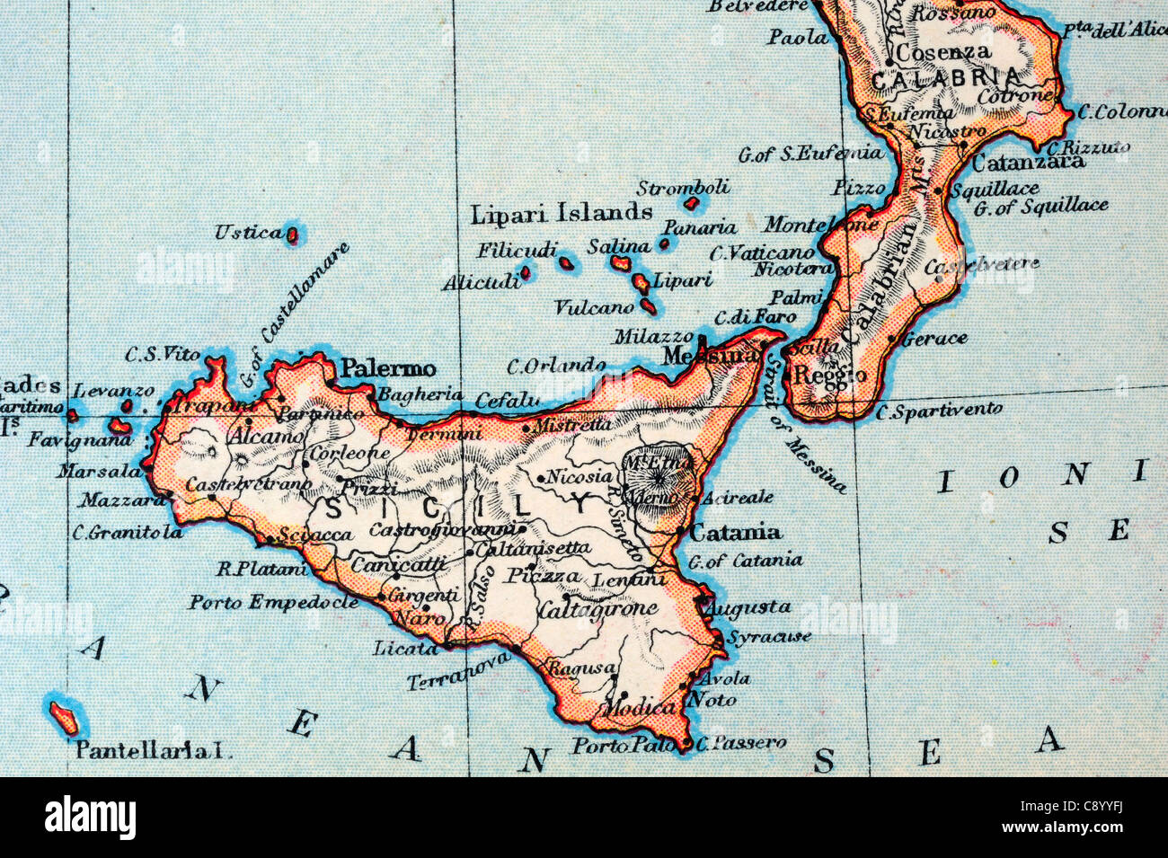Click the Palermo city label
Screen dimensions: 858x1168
pos(389,368)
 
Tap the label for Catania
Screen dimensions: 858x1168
pos(735,532)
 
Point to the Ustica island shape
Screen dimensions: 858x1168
pos(292,236)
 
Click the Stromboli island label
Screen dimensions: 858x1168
pos(683,189)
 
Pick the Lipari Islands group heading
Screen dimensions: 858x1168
pos(562,214)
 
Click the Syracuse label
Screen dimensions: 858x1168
pos(769,637)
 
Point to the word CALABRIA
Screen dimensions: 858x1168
pos(946,78)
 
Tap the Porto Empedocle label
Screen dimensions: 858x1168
pos(273,602)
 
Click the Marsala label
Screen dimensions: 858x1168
pos(99,471)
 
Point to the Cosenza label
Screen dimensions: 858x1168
pos(942,52)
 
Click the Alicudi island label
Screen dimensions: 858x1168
pos(481,283)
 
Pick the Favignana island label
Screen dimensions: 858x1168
pos(66,441)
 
